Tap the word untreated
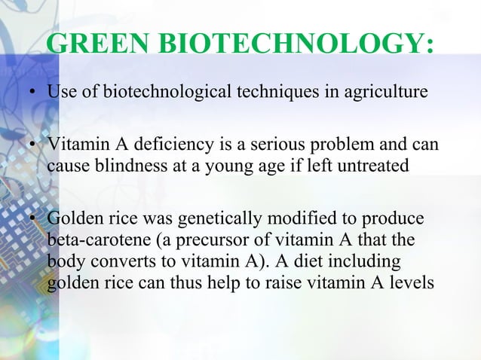[372, 164]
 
